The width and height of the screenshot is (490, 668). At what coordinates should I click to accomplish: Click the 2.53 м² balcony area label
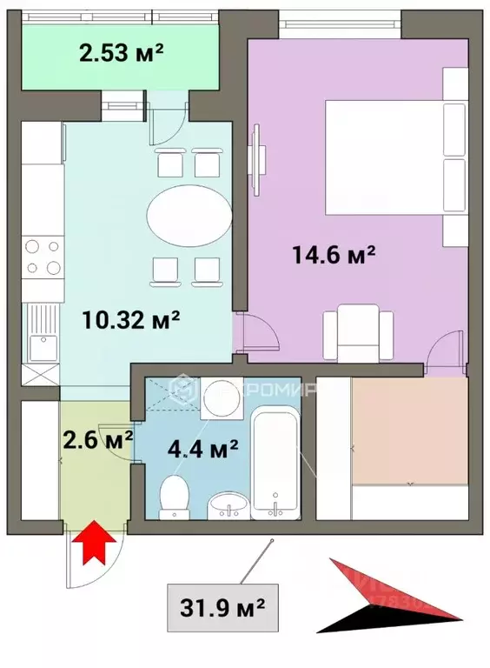122,53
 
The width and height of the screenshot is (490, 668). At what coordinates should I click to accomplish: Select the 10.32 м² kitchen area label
131,318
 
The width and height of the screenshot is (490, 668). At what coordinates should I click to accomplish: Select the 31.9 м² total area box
222,600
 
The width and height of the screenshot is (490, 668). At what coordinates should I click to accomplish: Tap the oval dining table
189,216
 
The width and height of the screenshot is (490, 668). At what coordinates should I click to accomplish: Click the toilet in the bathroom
175,498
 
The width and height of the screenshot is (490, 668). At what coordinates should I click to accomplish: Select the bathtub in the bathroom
276,465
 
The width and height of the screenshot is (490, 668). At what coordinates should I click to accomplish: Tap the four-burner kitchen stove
43,257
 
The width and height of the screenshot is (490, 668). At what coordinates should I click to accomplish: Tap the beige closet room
408,430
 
